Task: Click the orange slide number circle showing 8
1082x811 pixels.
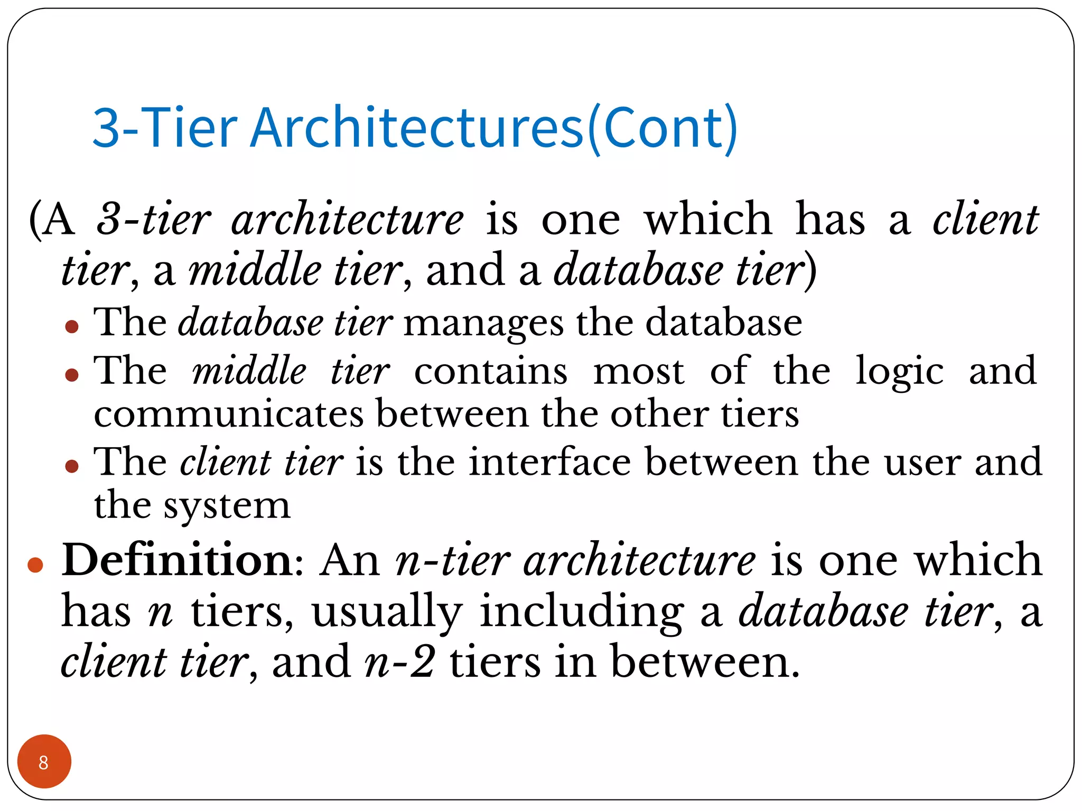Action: tap(44, 761)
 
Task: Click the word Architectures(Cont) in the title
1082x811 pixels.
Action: tap(493, 128)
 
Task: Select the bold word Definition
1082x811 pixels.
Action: tap(176, 560)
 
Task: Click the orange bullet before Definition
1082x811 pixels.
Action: tap(35, 565)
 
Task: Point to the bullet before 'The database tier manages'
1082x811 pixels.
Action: tap(72, 326)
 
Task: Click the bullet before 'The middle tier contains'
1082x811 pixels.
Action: tap(72, 375)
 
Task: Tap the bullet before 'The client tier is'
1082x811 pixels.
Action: tap(72, 466)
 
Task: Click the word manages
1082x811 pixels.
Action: tap(483, 323)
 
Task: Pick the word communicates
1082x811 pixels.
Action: tap(229, 414)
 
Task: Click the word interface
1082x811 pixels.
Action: tap(549, 463)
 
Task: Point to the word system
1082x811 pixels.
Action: tap(227, 506)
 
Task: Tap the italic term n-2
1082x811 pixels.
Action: tap(400, 662)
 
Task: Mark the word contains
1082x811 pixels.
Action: tap(491, 372)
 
